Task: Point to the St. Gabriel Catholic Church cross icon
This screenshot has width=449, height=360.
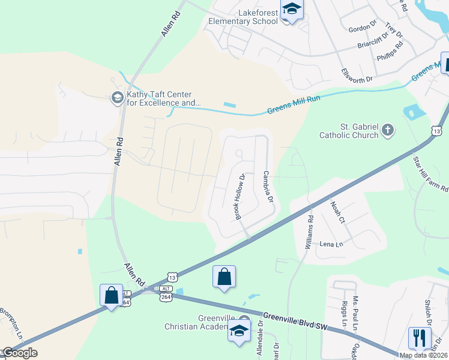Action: pos(388,129)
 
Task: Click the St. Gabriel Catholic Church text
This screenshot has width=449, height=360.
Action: pos(351,131)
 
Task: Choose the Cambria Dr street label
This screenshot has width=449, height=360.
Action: pos(268,186)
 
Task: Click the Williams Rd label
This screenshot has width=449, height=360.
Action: pos(310,233)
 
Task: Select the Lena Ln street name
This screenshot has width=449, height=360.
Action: pos(331,244)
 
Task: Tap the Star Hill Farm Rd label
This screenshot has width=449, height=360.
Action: pos(431,173)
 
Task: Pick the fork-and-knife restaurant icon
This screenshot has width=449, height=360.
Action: pos(420,337)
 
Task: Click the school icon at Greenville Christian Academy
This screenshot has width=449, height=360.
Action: pos(239,330)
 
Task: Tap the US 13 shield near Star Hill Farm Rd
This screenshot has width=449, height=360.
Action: pos(436,130)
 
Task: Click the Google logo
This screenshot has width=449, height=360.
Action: pos(20,352)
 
